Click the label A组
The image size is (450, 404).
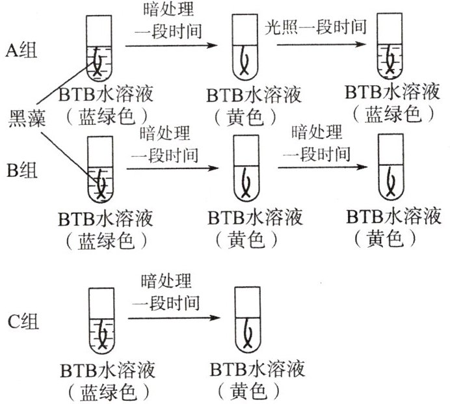(x=21, y=51)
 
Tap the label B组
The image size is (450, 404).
(x=22, y=170)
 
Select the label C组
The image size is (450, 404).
(x=23, y=321)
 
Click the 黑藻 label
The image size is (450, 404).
(x=27, y=118)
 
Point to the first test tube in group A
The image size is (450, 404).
(x=99, y=48)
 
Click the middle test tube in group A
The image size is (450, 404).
(x=245, y=47)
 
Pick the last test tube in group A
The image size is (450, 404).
(x=390, y=46)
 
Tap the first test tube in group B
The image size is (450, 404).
(x=100, y=169)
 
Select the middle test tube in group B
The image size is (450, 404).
(x=246, y=168)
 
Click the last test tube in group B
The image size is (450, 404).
(x=391, y=167)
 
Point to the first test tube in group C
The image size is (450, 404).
(x=101, y=321)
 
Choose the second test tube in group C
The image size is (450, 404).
(x=248, y=320)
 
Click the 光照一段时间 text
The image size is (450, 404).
(x=315, y=27)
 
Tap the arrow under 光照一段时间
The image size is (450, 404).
(x=321, y=44)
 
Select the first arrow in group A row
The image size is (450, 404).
(x=172, y=46)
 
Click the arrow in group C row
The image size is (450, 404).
(x=174, y=318)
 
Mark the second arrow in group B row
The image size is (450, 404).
(x=323, y=167)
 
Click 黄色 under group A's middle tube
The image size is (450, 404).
(x=245, y=118)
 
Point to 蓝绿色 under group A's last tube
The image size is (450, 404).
(x=393, y=114)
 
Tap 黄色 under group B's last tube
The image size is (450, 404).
(x=385, y=239)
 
